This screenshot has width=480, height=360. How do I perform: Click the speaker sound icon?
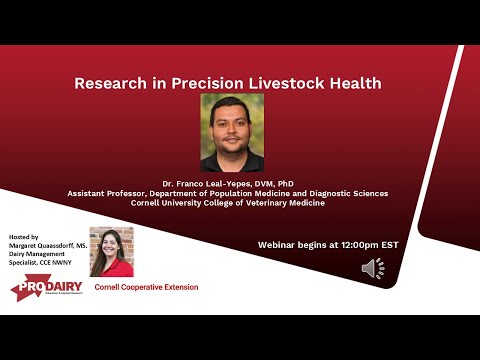373,268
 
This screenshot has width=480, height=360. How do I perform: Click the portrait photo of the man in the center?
232,133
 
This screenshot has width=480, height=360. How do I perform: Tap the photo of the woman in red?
111,252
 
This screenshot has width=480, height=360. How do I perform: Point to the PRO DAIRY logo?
45,289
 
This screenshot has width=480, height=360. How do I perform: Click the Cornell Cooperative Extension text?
146,287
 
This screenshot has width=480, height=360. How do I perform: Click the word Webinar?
278,244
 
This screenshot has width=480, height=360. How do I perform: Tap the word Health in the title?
362,83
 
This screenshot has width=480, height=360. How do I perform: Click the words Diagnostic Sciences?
346,193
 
